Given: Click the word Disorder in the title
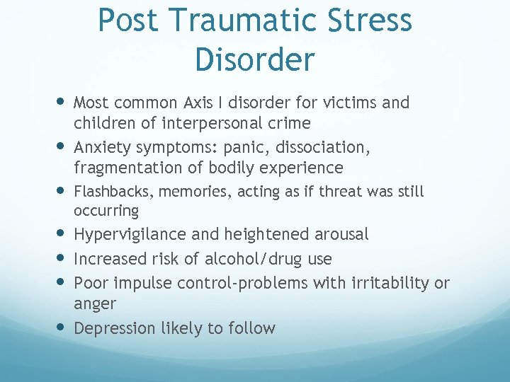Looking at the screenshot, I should click(254, 59).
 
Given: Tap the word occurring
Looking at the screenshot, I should click(106, 211).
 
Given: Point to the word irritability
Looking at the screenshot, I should click(390, 283).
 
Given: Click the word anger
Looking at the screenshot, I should click(95, 304).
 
